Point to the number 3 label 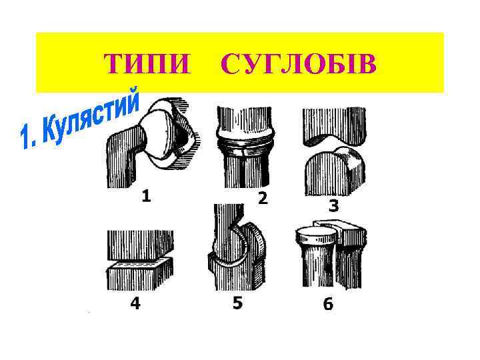pyautogui.click(x=333, y=206)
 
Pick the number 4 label pyautogui.click(x=135, y=303)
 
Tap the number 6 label pyautogui.click(x=328, y=304)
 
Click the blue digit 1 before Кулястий pyautogui.click(x=28, y=138)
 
